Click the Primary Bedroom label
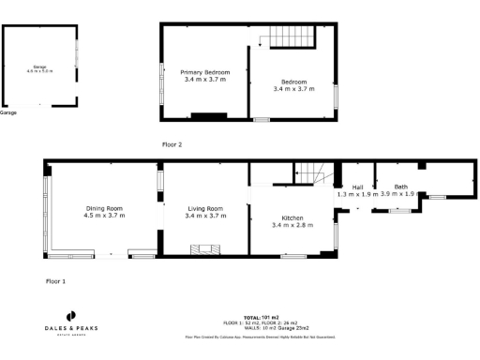click(x=204, y=72)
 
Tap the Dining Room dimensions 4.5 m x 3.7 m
click(x=104, y=216)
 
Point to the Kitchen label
click(x=290, y=217)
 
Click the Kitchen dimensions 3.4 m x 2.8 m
click(x=290, y=225)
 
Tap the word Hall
click(x=357, y=187)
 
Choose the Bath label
click(x=401, y=187)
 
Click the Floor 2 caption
click(x=171, y=144)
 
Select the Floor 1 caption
click(x=56, y=280)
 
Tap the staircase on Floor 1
click(x=309, y=173)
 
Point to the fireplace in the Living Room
click(x=202, y=249)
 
